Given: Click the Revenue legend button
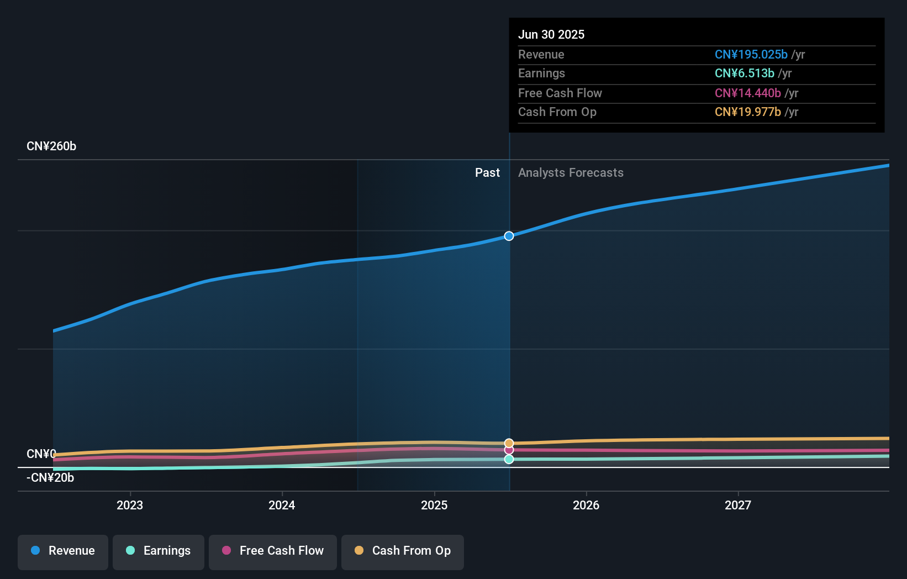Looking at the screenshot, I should pyautogui.click(x=63, y=551).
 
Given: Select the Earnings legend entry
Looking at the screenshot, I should pyautogui.click(x=159, y=551).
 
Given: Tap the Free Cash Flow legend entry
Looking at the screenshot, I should pyautogui.click(x=273, y=551).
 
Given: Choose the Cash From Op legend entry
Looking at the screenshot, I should pyautogui.click(x=403, y=551).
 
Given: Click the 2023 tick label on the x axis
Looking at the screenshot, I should pyautogui.click(x=130, y=505).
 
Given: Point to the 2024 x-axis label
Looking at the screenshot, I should pyautogui.click(x=282, y=505).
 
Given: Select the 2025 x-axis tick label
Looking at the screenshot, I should pyautogui.click(x=434, y=505).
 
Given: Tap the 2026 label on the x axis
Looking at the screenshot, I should pyautogui.click(x=586, y=505).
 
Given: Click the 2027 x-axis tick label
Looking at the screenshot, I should pyautogui.click(x=738, y=505).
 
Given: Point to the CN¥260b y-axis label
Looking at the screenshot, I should pyautogui.click(x=51, y=146).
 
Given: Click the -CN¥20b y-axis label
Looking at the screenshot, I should pyautogui.click(x=50, y=478).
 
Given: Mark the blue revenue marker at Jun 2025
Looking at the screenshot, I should pyautogui.click(x=509, y=236).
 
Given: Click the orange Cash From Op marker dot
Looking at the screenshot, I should pyautogui.click(x=509, y=443).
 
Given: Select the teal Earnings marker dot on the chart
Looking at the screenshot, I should pyautogui.click(x=509, y=459).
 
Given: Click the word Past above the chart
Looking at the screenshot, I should pyautogui.click(x=487, y=173).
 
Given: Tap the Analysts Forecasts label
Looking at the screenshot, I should pyautogui.click(x=571, y=173).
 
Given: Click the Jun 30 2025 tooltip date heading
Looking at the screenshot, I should pyautogui.click(x=551, y=34).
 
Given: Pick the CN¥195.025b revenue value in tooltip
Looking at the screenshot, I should pyautogui.click(x=751, y=55).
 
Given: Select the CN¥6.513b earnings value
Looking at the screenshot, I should pyautogui.click(x=744, y=73).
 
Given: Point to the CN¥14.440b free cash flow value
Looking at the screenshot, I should pyautogui.click(x=747, y=93).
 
